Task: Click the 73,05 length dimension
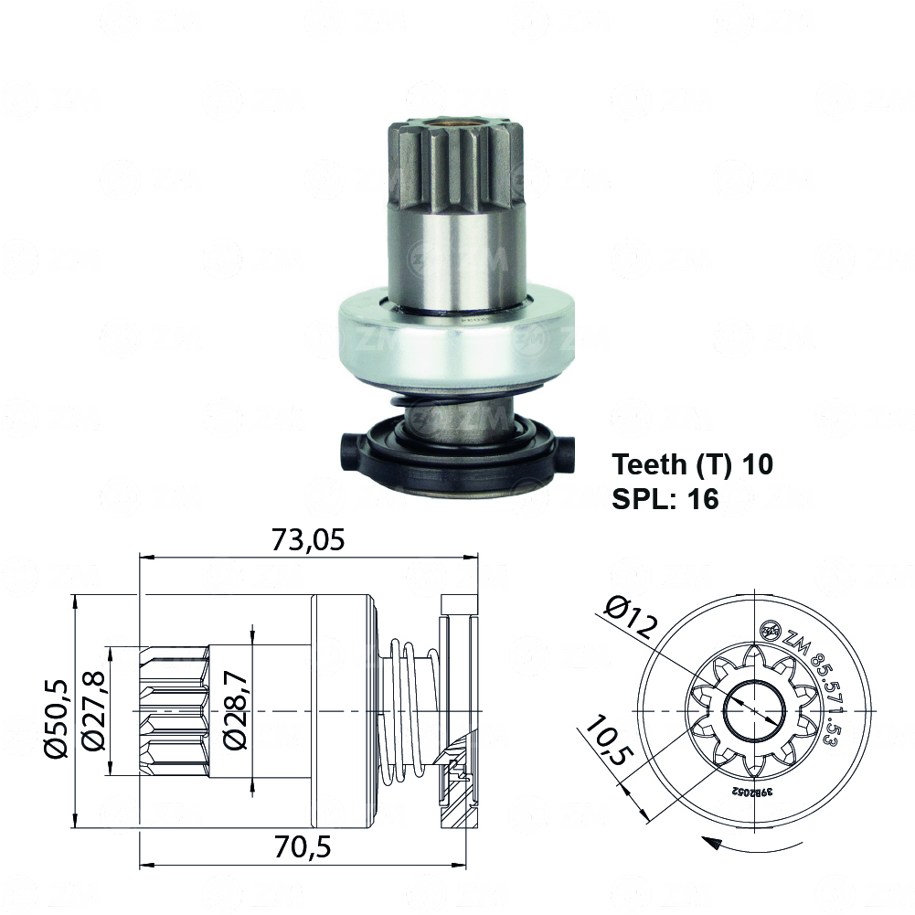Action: pyautogui.click(x=307, y=540)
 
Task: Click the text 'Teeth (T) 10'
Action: pyautogui.click(x=692, y=464)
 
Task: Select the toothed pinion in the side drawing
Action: pyautogui.click(x=174, y=710)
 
